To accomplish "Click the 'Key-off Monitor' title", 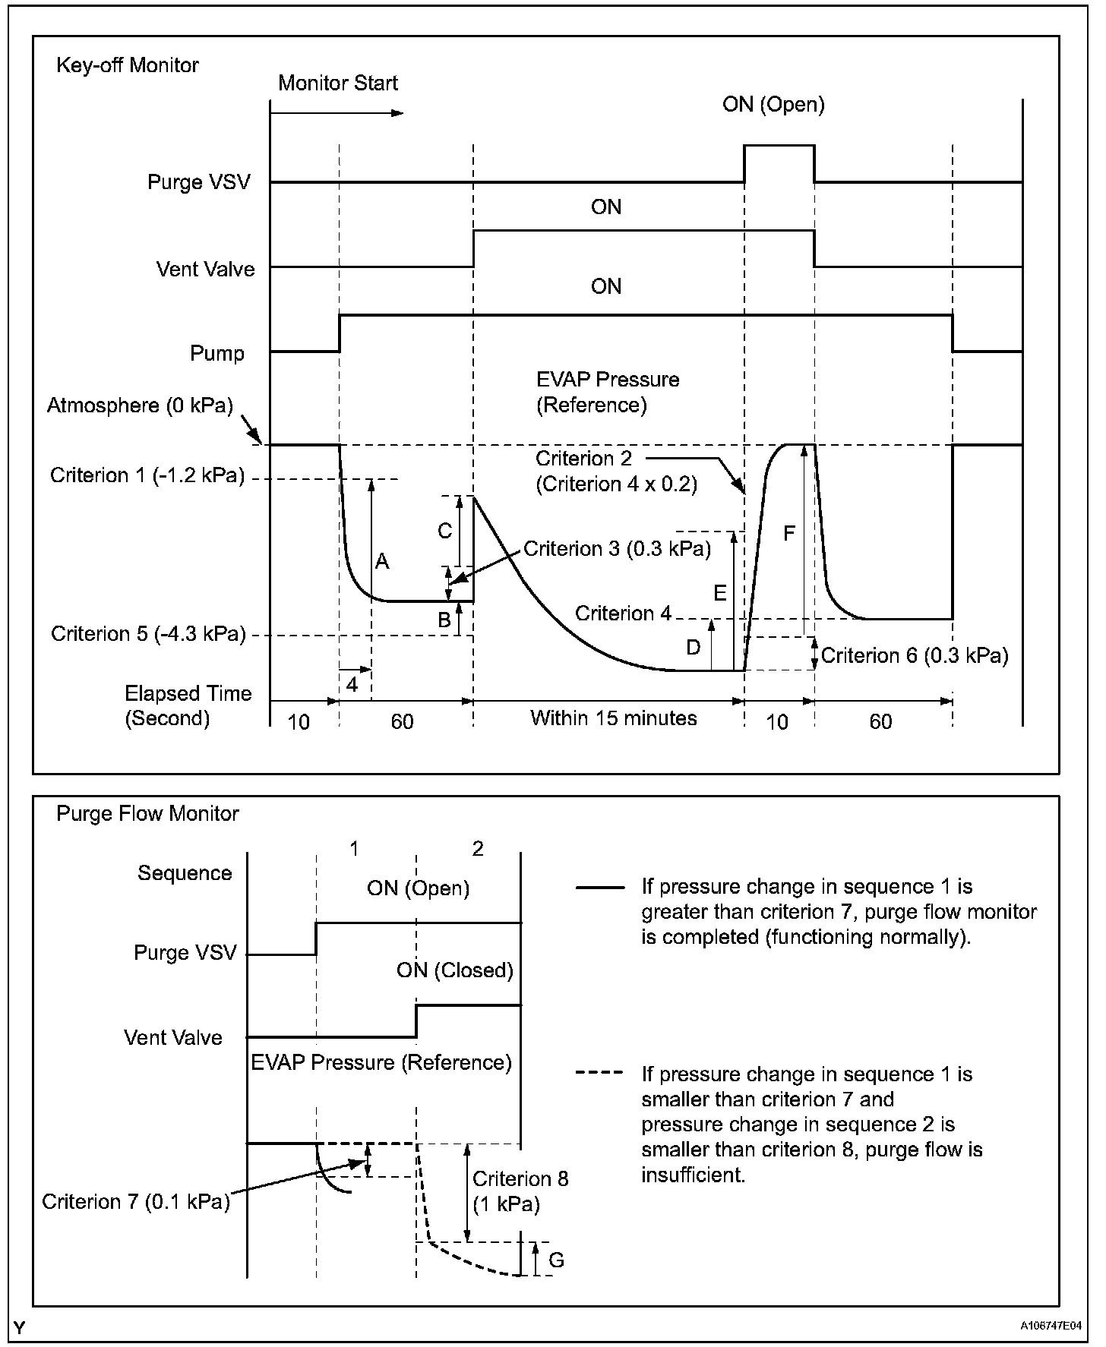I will pos(128,65).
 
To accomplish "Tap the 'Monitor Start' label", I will pos(338,84).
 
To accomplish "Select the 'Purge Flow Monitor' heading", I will pos(147,814).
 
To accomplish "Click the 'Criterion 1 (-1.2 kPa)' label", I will pos(147,476).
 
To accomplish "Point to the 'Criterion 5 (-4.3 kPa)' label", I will pos(148,634).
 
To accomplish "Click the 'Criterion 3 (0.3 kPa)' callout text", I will pos(617,549).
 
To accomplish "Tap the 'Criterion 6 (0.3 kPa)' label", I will pos(915,656).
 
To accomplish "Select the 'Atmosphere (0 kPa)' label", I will pos(140,405).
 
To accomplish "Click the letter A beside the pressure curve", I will pos(382,562).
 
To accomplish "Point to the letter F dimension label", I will pos(789,533).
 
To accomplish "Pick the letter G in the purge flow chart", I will pos(556,1260).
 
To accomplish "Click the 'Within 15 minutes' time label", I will pos(613,718).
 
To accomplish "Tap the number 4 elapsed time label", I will pos(352,684).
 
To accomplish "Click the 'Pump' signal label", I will pos(217,354).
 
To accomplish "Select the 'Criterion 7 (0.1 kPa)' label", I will pos(136,1202).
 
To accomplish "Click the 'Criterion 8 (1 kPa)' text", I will pos(520,1191).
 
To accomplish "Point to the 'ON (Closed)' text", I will pos(454,970).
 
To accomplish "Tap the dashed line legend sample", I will pos(600,1074).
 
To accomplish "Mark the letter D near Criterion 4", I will pos(693,647).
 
